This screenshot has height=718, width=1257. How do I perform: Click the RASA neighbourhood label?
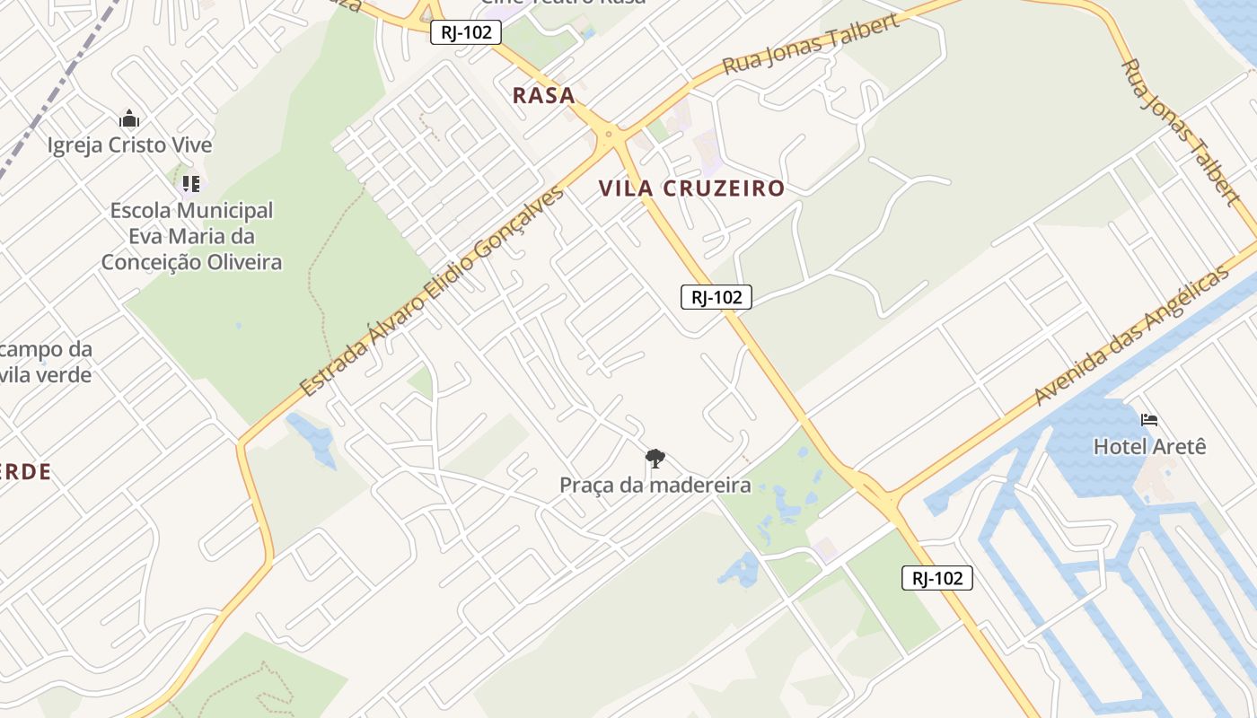543,95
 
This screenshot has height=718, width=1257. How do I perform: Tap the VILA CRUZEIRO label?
691,188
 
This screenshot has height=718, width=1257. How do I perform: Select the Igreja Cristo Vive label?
129,145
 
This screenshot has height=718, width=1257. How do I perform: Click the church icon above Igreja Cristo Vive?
129,118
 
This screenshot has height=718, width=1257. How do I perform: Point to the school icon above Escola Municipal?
190,184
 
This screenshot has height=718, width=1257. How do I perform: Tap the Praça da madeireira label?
655,486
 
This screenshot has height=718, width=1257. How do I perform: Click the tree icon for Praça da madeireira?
655,459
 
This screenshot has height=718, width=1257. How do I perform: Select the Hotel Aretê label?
1149,446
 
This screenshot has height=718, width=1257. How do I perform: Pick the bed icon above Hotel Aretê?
1148,419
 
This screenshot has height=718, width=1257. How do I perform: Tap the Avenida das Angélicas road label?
1130,336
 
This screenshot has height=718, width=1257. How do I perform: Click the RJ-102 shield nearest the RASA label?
465,32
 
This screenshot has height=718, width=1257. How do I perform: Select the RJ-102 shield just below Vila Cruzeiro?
716,297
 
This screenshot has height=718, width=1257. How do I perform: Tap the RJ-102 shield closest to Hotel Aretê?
936,578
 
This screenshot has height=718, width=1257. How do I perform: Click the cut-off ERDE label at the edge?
25,472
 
